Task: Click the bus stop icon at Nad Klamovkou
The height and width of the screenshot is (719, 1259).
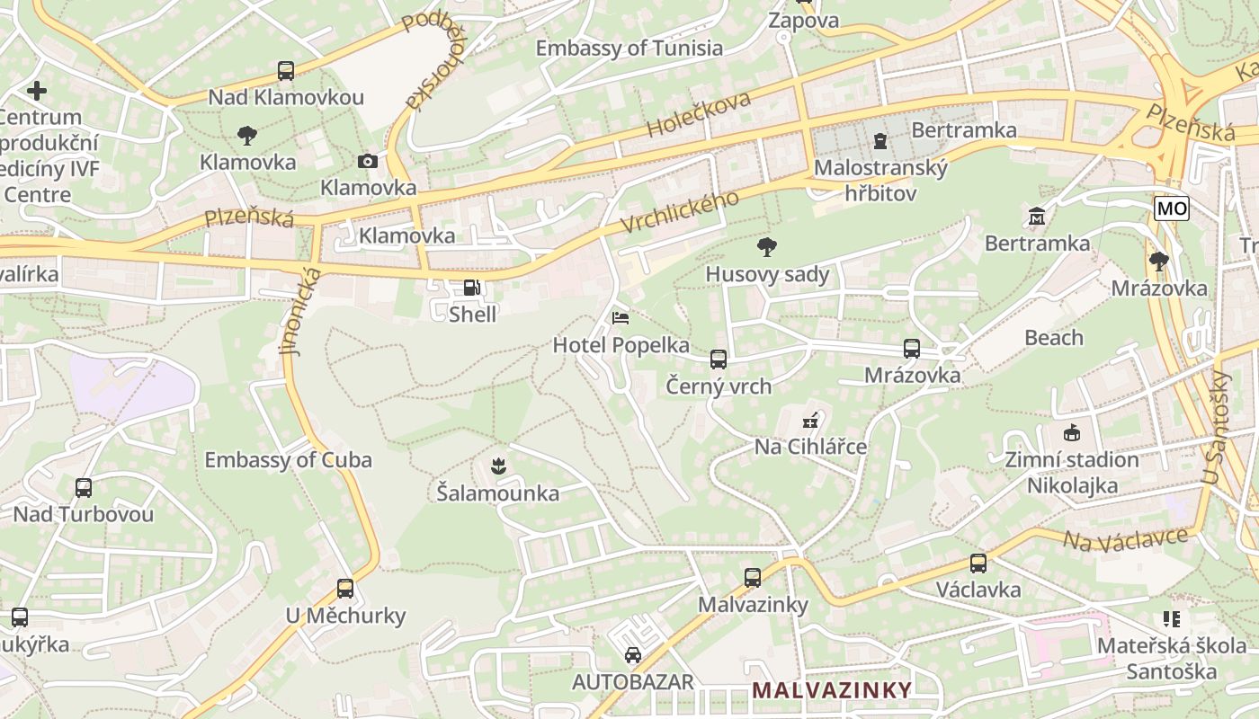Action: tap(286, 71)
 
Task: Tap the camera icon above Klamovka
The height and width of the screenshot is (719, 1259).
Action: tap(368, 161)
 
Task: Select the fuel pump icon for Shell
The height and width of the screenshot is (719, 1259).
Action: tap(471, 288)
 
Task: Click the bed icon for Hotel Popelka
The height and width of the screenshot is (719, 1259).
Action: tap(621, 318)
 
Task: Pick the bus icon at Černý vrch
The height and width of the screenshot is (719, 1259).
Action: tap(719, 359)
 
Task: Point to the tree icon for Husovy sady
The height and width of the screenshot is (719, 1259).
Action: tap(767, 247)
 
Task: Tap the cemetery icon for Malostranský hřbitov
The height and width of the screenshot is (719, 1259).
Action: tap(880, 141)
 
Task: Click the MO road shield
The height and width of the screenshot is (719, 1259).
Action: tap(1172, 209)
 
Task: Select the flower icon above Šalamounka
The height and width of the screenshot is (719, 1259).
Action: tap(497, 466)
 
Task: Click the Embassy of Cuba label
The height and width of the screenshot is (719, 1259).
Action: tap(288, 460)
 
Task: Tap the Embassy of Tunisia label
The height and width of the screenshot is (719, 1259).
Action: tap(629, 48)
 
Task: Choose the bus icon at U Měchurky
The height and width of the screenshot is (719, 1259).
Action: tap(345, 589)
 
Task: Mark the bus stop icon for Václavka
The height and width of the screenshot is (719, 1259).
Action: tap(978, 564)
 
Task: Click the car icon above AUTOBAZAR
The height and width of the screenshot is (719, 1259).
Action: tap(633, 654)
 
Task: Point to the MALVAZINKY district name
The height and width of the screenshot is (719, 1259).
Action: tap(832, 690)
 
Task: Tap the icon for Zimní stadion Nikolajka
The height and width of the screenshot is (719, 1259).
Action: tap(1072, 433)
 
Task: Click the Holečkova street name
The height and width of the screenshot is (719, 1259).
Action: tap(697, 116)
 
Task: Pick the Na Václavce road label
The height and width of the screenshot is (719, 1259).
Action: tap(1125, 540)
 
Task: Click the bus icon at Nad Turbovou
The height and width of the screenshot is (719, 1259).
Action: tap(84, 488)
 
